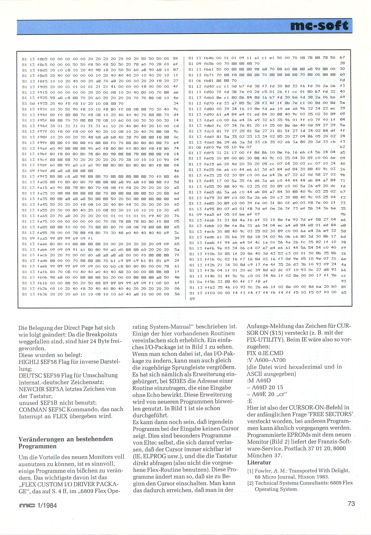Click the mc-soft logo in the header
click(x=319, y=26)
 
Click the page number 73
click(x=351, y=503)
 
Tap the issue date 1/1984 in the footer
click(x=47, y=505)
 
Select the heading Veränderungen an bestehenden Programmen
click(x=65, y=442)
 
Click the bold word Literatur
click(x=259, y=462)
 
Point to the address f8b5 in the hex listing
click(x=42, y=59)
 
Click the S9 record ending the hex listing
click(x=192, y=298)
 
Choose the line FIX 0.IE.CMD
click(x=265, y=353)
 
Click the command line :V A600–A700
click(x=266, y=360)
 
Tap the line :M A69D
click(x=259, y=381)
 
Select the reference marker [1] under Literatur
click(x=250, y=471)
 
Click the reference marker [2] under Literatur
click(x=250, y=483)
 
